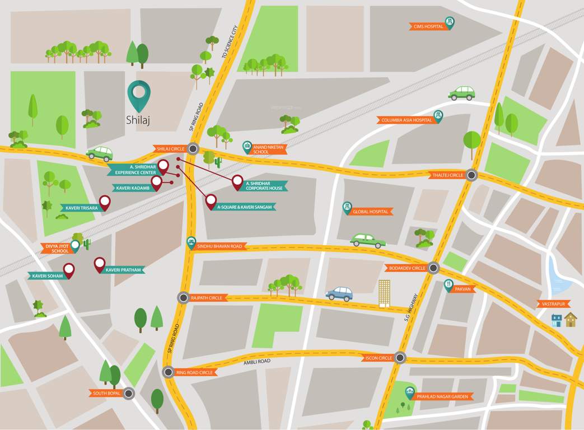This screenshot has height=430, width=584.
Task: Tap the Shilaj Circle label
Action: coord(170,149)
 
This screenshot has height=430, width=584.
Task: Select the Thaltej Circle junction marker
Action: coord(471,175)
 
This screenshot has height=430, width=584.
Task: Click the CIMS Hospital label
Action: coord(428,26)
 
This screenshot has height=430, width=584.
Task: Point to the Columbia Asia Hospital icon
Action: coord(438,116)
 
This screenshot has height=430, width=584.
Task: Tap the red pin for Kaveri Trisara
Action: coord(105,202)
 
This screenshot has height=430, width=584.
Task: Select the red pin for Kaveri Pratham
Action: coord(100,264)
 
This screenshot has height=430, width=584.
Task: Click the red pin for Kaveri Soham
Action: coord(69,270)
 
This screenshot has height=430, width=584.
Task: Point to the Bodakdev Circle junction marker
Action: coord(433,268)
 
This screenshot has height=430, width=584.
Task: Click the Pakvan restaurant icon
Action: coord(448,285)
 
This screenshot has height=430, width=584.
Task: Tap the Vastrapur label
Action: coord(553,304)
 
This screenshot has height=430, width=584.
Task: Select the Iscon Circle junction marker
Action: coord(399,357)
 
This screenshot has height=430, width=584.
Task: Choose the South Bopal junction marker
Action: coord(129,393)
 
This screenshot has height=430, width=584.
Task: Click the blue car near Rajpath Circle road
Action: coord(339,293)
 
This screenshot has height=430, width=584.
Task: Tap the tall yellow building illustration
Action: coord(384,293)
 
